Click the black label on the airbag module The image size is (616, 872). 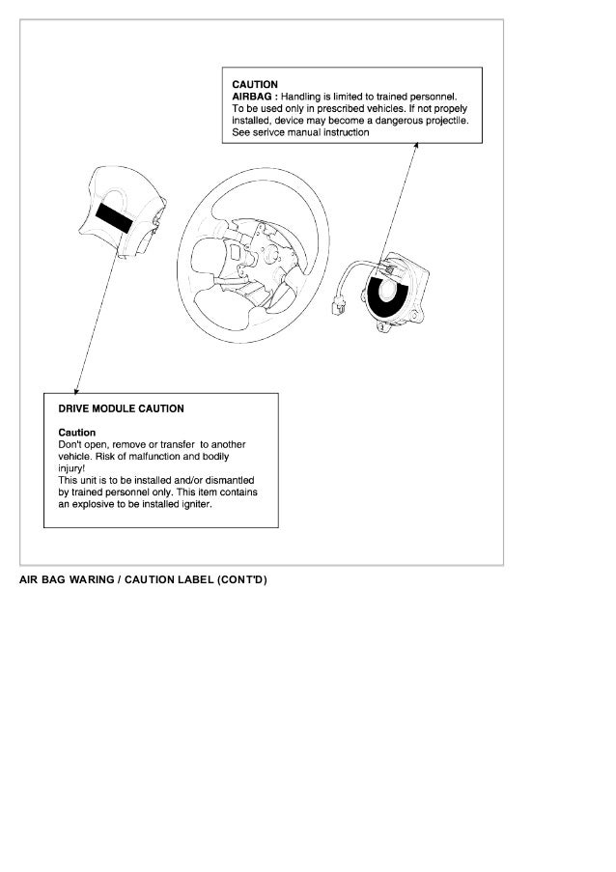116,217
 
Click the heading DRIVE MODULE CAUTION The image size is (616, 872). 121,408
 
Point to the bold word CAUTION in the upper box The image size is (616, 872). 255,85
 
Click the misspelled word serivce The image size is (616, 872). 273,132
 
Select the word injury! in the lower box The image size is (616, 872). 72,468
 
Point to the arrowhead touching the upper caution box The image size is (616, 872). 418,148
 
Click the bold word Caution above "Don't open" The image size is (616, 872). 77,433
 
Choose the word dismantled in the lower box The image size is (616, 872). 228,480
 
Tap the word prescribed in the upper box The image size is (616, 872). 334,109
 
